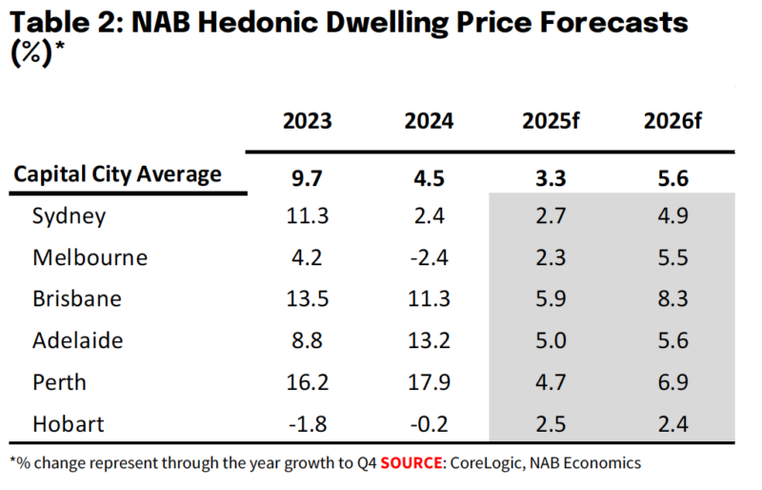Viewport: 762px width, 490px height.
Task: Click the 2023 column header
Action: point(307,122)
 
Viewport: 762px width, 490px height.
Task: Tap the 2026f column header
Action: point(672,122)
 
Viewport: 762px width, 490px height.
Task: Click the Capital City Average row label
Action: point(117,174)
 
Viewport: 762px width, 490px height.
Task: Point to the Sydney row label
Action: point(69,215)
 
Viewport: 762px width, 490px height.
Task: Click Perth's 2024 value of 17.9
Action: point(429,382)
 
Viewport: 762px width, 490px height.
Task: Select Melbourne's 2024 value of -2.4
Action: point(429,257)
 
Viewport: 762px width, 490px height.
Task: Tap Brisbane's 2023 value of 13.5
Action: point(307,298)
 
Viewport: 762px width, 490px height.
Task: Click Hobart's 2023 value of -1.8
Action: point(307,423)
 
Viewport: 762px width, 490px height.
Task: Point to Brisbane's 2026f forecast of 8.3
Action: point(672,298)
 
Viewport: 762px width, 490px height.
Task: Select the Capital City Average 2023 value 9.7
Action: point(307,176)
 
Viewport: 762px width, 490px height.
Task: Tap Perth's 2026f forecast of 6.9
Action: point(672,382)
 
